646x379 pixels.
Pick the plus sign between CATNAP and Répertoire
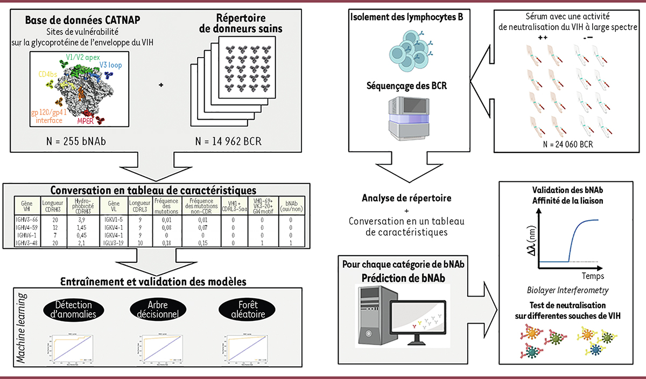161,85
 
